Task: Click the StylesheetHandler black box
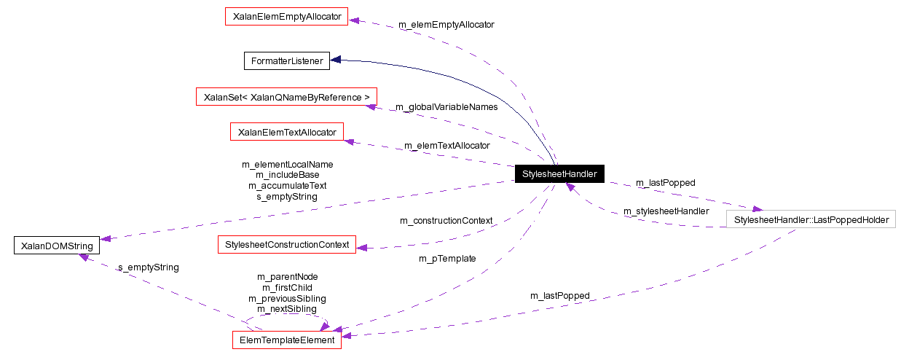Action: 559,174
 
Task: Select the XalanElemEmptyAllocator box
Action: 287,16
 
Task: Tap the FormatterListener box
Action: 286,61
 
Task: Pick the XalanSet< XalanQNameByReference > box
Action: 286,97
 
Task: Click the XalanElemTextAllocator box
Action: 286,132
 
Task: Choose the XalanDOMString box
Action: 55,246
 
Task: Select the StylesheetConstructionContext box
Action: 287,244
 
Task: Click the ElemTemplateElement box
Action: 286,340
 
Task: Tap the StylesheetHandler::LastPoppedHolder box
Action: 811,219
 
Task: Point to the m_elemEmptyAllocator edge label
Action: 446,25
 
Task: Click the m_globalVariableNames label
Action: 446,107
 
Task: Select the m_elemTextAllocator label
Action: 446,146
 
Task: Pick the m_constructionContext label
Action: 446,221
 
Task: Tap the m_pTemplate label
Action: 447,259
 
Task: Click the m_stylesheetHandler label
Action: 666,211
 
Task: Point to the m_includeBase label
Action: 287,175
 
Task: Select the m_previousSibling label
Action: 287,299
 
